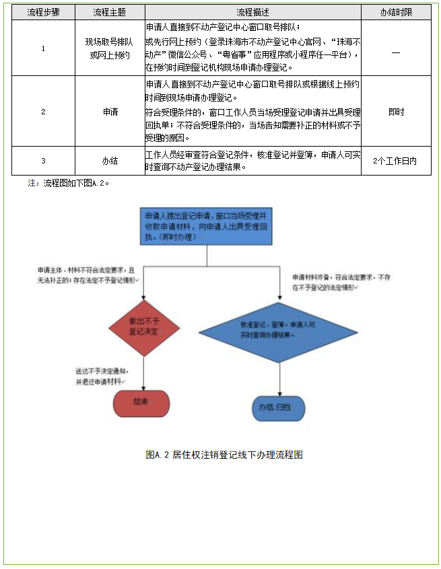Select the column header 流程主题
pos(110,12)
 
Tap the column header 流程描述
pos(252,12)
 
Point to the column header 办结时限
pos(396,12)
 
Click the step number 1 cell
pos(43,48)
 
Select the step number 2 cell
pos(43,112)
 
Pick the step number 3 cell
pos(43,161)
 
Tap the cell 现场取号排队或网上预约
pos(110,48)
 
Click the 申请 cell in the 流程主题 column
pos(110,112)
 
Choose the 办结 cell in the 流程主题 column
pos(110,161)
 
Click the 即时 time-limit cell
pos(396,112)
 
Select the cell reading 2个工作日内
pos(396,161)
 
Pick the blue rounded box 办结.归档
pos(278,408)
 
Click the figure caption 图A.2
pos(224,455)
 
